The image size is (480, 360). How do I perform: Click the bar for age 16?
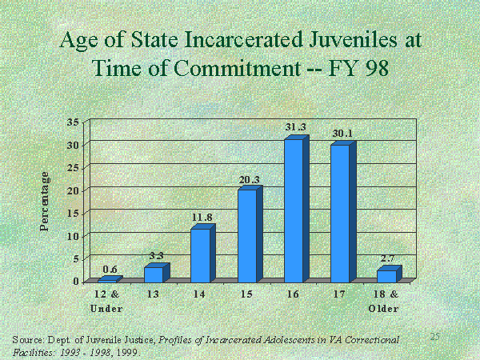tap(294, 210)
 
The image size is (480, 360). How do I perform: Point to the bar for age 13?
tap(153, 274)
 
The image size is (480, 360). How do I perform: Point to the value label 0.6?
tap(110, 268)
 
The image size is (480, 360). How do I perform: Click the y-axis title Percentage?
tap(46, 202)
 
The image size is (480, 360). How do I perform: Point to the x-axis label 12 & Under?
tap(106, 301)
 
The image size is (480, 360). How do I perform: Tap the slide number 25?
tap(435, 336)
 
